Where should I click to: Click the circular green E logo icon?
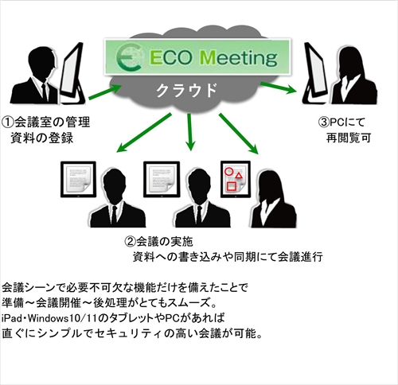click(129, 57)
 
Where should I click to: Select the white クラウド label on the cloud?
click(187, 90)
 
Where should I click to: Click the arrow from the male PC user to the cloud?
click(105, 91)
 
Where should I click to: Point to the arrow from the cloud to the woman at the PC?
click(279, 87)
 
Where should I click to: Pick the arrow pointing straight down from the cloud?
click(189, 132)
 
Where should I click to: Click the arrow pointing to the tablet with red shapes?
click(238, 134)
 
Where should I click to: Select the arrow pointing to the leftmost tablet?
click(144, 133)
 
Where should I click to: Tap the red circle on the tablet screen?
click(228, 171)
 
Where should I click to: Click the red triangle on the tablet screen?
click(239, 175)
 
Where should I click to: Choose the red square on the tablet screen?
click(232, 186)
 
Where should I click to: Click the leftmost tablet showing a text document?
click(78, 179)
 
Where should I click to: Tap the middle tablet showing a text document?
click(162, 179)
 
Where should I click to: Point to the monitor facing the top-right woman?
click(316, 73)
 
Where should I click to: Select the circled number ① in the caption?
click(8, 122)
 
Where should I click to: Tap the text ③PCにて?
click(341, 122)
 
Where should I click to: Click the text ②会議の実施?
click(158, 241)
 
